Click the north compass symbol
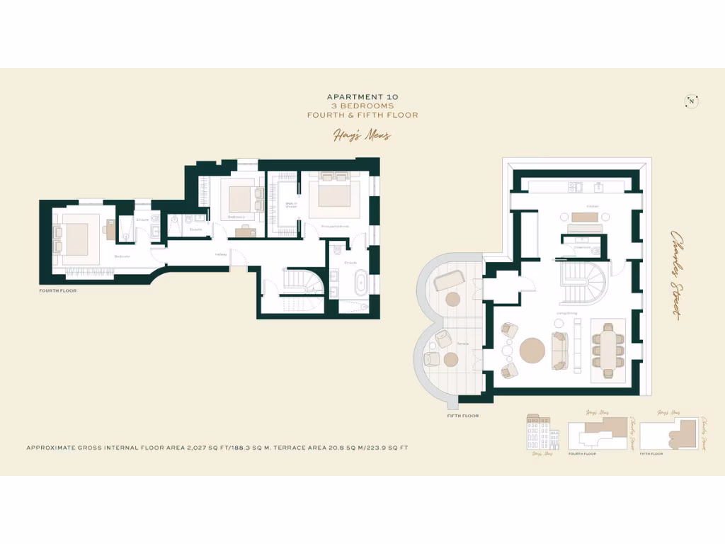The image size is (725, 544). click(691, 101)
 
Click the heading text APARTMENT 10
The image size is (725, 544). click(362, 96)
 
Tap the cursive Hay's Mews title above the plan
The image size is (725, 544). click(362, 135)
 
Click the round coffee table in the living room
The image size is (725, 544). click(532, 351)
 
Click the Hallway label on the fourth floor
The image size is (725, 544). click(221, 254)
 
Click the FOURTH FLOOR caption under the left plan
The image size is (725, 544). click(57, 291)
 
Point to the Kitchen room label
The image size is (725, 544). click(593, 206)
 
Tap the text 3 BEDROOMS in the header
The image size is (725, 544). click(362, 106)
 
